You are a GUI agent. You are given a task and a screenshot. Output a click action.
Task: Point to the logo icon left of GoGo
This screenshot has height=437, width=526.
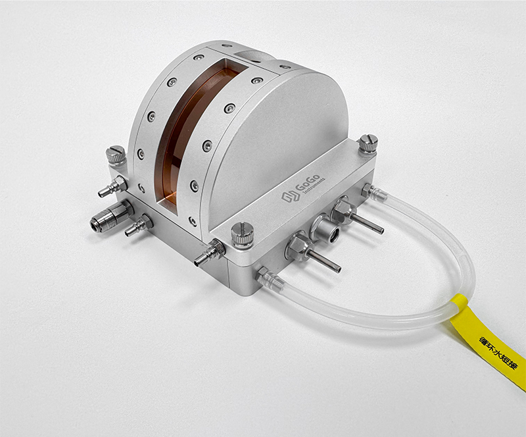(290, 196)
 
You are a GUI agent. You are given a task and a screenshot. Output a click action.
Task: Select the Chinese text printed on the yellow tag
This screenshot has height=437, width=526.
(498, 352)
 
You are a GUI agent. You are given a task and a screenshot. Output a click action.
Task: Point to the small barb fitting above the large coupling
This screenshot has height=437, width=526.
(112, 186)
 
